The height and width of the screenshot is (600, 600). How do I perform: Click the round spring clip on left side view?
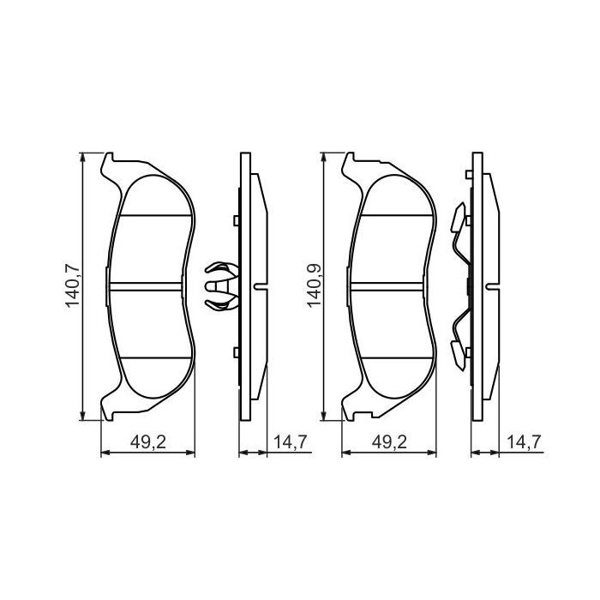pos(219,286)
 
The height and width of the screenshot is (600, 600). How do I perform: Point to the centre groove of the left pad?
pos(147,286)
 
